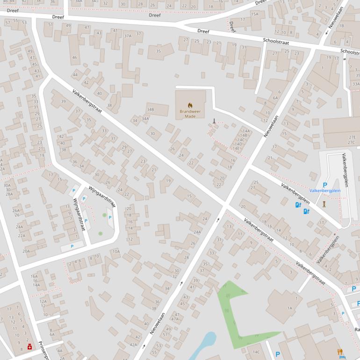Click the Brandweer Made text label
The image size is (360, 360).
(190, 114)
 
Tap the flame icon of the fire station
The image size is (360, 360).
(190, 105)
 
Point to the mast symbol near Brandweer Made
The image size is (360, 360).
(214, 122)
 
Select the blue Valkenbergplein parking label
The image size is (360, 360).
(324, 191)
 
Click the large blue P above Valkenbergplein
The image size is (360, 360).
(325, 185)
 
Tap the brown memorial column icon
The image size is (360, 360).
(324, 204)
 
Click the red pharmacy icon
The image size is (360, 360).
(29, 347)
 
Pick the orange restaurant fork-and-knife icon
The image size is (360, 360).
(340, 352)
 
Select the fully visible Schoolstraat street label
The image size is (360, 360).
(276, 42)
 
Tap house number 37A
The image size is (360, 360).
(128, 36)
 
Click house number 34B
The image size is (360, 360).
(150, 109)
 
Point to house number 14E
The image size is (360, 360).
(237, 148)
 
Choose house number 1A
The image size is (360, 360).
(289, 308)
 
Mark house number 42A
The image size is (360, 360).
(134, 345)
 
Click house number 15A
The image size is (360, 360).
(254, 14)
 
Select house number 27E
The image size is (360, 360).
(352, 137)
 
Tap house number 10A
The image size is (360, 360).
(115, 252)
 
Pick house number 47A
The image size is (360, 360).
(175, 319)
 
